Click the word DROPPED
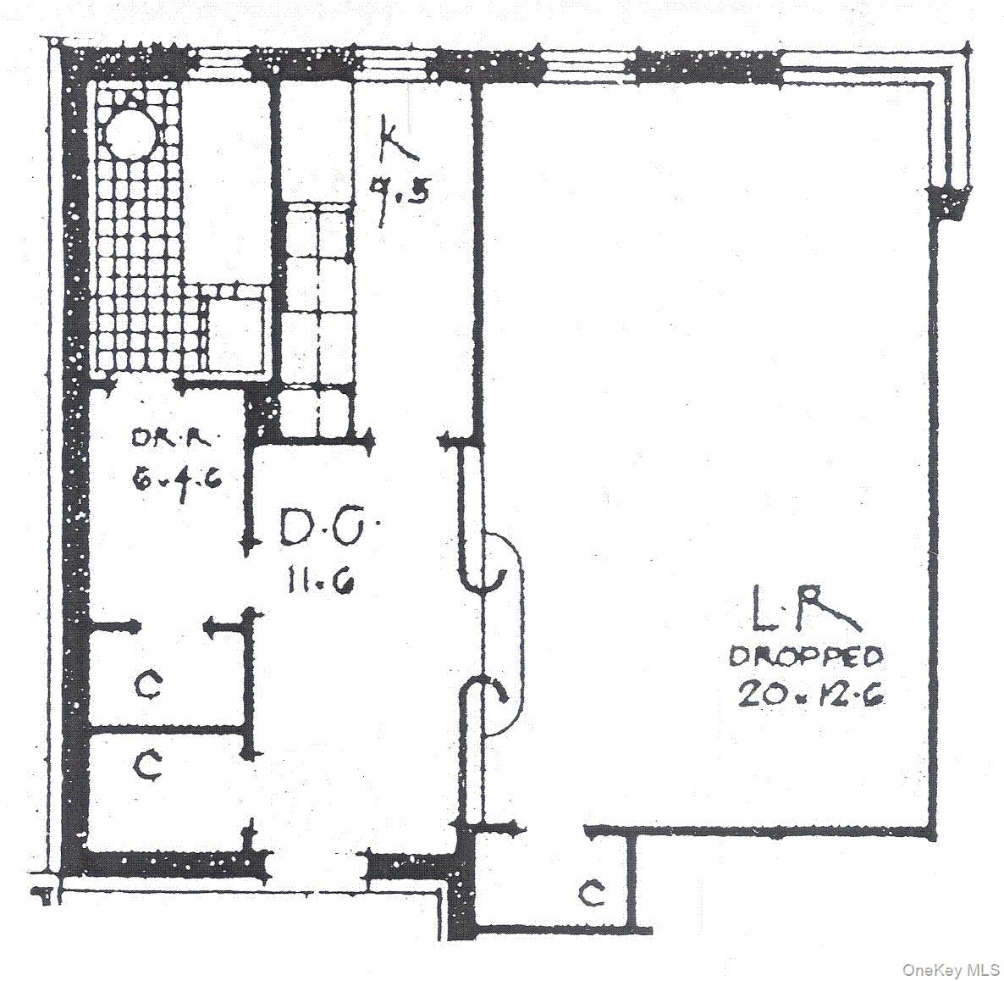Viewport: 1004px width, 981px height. pos(806,656)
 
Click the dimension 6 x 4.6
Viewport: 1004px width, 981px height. pos(175,480)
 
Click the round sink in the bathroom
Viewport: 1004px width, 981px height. pos(133,132)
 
